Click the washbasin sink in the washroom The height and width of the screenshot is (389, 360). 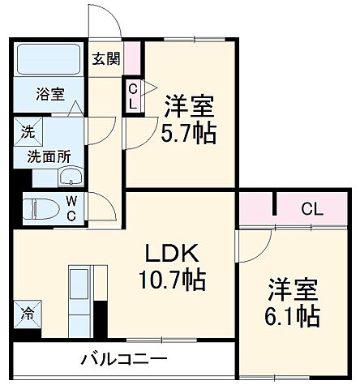pos(71,177)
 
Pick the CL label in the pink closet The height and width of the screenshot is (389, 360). pos(311,209)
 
